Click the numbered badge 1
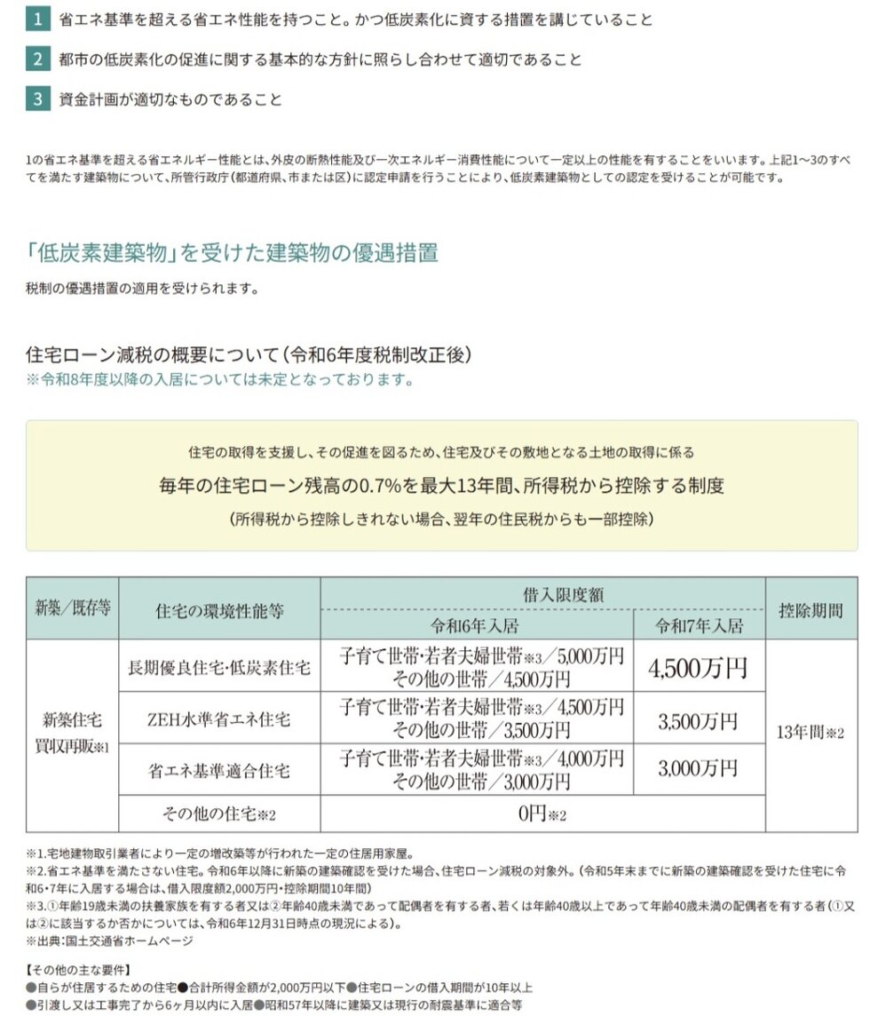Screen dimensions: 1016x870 tap(37, 20)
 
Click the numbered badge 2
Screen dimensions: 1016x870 tap(37, 60)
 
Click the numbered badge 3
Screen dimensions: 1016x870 tap(37, 99)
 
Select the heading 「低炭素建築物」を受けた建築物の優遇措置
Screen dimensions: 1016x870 tap(232, 252)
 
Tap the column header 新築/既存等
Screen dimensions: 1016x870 tap(73, 609)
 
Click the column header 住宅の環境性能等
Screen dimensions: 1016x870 tap(219, 610)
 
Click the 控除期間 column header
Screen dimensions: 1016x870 tap(811, 610)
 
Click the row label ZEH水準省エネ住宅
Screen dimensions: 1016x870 tap(219, 720)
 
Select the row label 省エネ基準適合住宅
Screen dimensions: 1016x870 tap(219, 770)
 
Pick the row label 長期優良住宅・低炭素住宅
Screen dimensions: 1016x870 tap(219, 668)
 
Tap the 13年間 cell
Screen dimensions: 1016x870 tap(811, 734)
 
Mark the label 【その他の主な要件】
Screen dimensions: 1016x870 tap(78, 968)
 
